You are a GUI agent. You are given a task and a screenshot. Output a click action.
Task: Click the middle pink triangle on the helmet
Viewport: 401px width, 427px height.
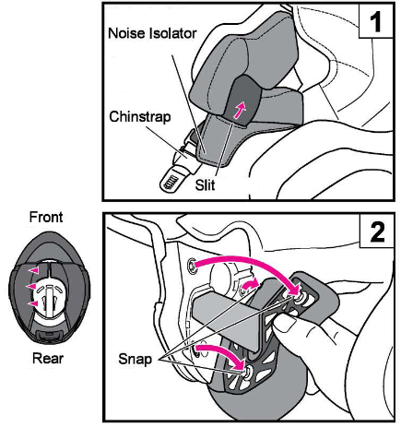tap(29, 286)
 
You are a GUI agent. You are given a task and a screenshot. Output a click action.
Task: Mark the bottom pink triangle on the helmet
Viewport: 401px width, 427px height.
tap(33, 302)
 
